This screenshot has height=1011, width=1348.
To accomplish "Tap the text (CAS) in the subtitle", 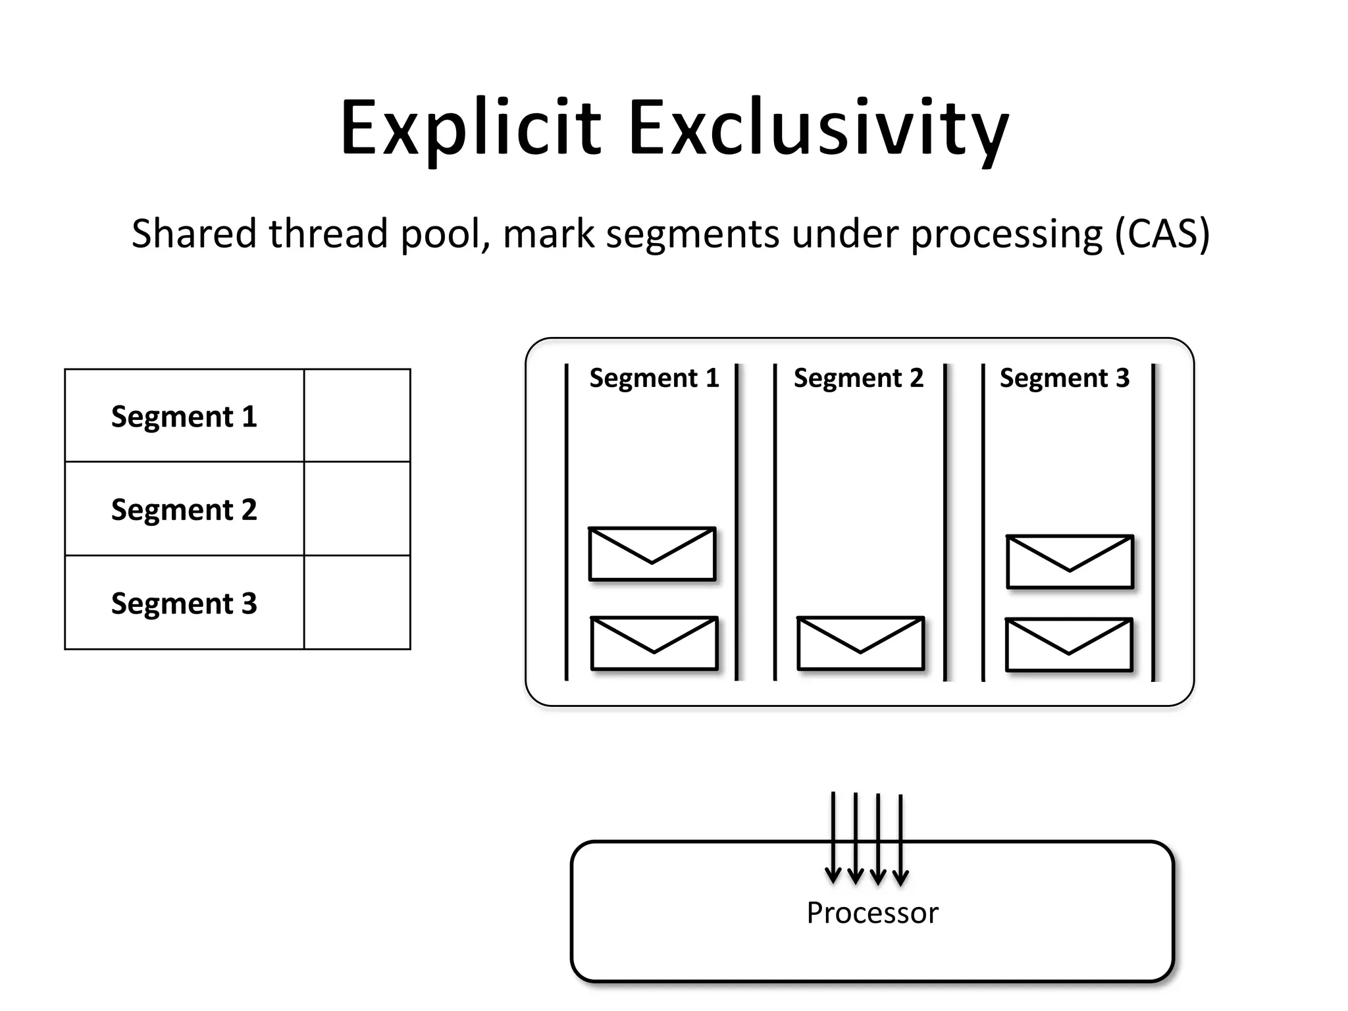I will [1162, 234].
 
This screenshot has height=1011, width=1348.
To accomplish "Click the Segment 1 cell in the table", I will [184, 416].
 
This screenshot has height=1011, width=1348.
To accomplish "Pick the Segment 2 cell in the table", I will [184, 509].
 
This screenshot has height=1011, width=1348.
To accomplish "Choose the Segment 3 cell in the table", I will [184, 603].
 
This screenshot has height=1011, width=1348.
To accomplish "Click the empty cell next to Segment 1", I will [357, 416].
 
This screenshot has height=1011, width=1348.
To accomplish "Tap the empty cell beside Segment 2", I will [357, 509].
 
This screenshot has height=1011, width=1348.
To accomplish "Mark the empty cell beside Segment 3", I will [357, 602].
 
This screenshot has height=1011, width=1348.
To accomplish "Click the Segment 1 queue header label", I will [654, 378].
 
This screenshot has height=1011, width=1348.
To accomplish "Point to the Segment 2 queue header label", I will [858, 378].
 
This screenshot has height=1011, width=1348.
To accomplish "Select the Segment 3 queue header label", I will [1064, 378].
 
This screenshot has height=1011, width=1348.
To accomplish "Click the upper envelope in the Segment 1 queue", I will [652, 554].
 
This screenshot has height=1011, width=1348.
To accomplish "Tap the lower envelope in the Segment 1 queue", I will [654, 644].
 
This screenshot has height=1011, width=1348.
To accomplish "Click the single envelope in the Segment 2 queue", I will [860, 644].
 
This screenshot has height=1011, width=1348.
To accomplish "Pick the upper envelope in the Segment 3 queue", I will [1070, 562].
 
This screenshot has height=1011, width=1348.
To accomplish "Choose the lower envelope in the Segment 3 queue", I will [1068, 645].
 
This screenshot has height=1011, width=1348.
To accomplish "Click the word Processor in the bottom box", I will [872, 913].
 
